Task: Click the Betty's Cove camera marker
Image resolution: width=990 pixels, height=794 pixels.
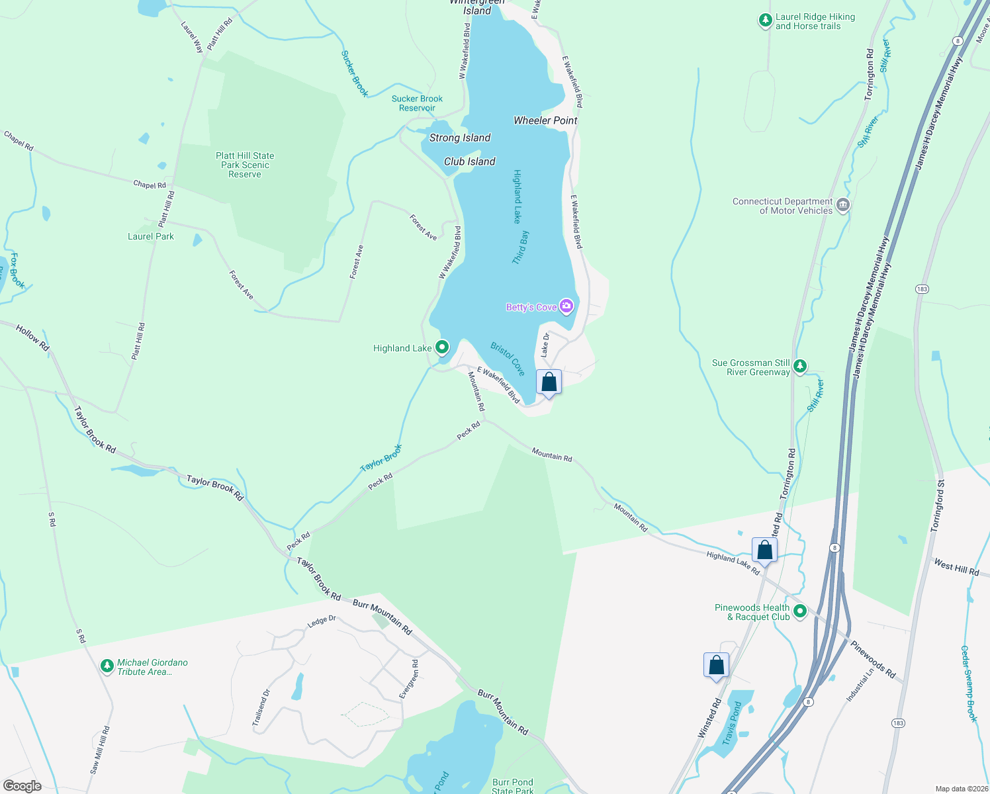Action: coord(566,306)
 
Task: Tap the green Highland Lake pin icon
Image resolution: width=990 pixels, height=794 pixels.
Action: coord(441,347)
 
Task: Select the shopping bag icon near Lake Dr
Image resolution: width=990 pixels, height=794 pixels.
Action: coord(549,382)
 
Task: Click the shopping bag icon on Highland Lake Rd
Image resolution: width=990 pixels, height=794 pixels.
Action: coord(764,551)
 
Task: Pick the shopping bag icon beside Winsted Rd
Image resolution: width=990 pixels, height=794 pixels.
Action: coord(716,665)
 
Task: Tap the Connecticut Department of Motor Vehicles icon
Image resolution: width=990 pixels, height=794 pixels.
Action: coord(842,205)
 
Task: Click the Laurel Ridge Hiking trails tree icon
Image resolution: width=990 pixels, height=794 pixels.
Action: coord(765,21)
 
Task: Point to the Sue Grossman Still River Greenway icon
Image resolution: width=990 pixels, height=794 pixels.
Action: coord(800,367)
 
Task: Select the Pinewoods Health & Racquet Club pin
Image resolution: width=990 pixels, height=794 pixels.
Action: coord(800,611)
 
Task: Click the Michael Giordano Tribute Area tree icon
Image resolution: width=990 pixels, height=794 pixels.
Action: coord(107,666)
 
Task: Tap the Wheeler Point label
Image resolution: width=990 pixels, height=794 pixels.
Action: coord(545,120)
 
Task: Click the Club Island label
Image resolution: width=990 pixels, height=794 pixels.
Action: coord(469,161)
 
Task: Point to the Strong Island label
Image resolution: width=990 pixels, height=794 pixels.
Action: coord(460,138)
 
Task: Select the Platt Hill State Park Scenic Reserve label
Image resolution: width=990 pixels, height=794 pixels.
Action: coord(245,165)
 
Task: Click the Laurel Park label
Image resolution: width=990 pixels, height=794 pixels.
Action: coord(151,236)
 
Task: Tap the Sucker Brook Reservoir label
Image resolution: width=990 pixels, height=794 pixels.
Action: coord(417,103)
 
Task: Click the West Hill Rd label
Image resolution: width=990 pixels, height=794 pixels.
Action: coord(956,567)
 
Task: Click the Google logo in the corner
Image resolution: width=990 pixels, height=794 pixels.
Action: coord(22,785)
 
